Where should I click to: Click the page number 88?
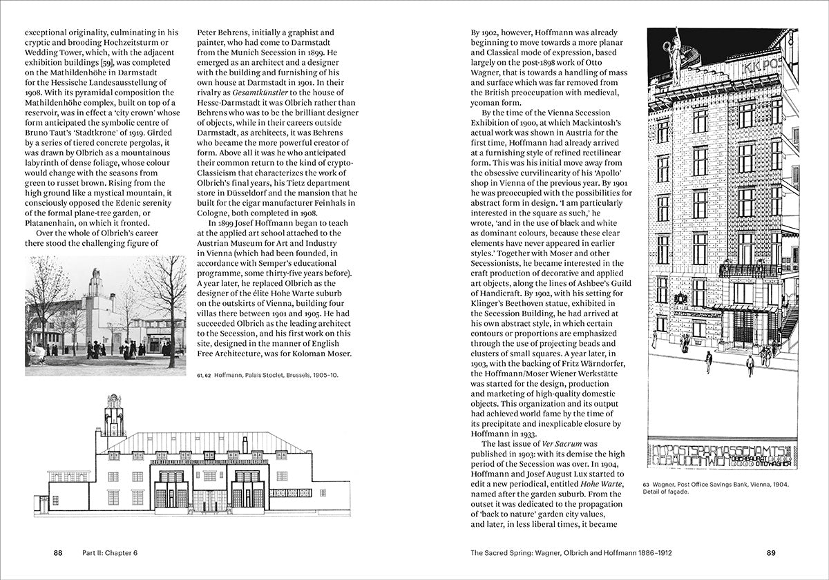(59, 552)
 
